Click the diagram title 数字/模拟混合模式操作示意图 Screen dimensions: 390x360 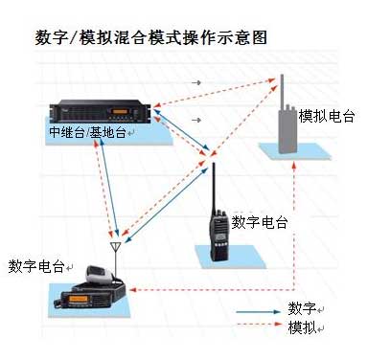click(x=150, y=37)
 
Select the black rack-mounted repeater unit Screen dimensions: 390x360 click(x=101, y=111)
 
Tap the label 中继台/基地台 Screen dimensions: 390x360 click(x=88, y=132)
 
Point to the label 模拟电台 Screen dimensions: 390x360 click(x=327, y=116)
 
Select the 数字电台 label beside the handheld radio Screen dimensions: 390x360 click(x=260, y=222)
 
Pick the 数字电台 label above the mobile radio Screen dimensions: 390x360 click(x=36, y=266)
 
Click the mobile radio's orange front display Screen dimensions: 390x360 click(x=79, y=299)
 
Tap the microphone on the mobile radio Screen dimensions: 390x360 click(x=99, y=274)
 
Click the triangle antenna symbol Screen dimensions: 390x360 click(x=115, y=247)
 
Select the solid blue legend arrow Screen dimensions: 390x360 click(x=259, y=311)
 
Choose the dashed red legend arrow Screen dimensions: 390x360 click(x=259, y=325)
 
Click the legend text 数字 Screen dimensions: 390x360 click(x=302, y=308)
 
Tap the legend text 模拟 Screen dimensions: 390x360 click(x=302, y=327)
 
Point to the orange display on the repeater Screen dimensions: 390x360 click(x=121, y=112)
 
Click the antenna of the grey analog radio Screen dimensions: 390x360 click(x=282, y=92)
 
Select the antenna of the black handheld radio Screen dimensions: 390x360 click(x=214, y=189)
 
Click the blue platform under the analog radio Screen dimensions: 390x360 click(x=294, y=151)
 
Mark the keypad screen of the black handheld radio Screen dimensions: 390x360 click(x=219, y=237)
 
